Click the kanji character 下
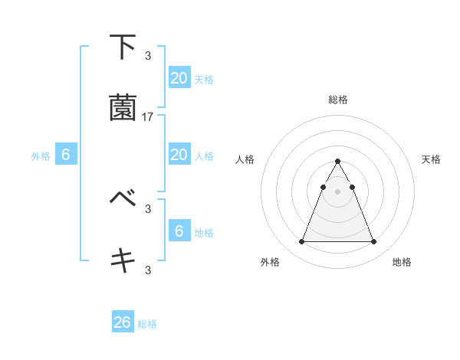pos(123,47)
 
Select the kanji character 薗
pos(123,109)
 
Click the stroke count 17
pos(148,117)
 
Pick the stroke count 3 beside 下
pos(148,55)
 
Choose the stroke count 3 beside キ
pos(148,269)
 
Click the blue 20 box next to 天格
pos(179,78)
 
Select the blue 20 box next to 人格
pos(179,155)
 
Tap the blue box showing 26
pos(122,322)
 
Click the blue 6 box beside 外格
pos(66,155)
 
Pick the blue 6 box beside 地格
pos(179,231)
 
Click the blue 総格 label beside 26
pos(147,324)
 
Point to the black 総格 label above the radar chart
pos(338,100)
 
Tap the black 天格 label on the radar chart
pos(431,159)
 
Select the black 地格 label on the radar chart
pos(402,262)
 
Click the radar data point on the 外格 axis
pos(301,242)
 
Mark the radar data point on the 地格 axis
pos(374,242)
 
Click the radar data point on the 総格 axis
pos(338,161)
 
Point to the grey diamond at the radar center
pos(338,191)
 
